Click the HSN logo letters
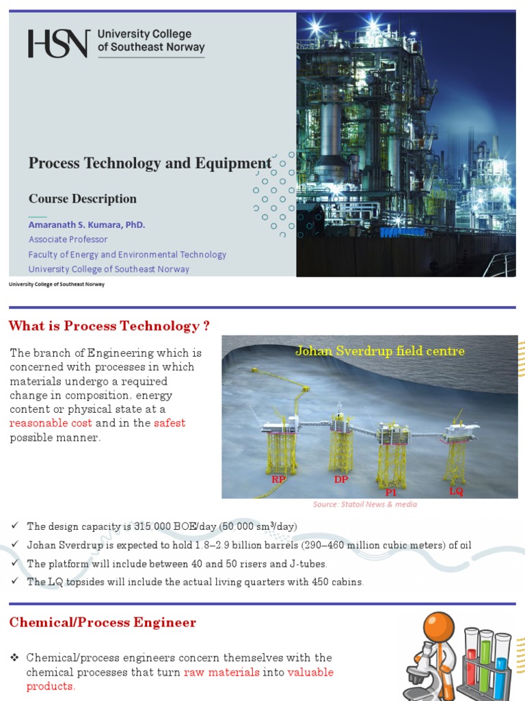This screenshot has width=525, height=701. pyautogui.click(x=58, y=43)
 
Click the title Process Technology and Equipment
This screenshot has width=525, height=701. pyautogui.click(x=150, y=163)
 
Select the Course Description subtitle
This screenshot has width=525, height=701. pyautogui.click(x=82, y=199)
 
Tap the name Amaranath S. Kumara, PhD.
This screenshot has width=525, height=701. pyautogui.click(x=87, y=225)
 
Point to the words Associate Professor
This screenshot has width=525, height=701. pyautogui.click(x=68, y=240)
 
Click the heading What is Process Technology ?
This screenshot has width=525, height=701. pyautogui.click(x=109, y=326)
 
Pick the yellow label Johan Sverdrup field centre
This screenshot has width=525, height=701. pyautogui.click(x=379, y=351)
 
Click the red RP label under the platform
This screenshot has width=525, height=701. pyautogui.click(x=278, y=479)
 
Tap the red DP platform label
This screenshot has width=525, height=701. pyautogui.click(x=341, y=479)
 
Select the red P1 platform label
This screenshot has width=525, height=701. pyautogui.click(x=391, y=492)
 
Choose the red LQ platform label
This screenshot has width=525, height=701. pyautogui.click(x=456, y=491)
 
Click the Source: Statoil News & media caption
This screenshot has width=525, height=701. pyautogui.click(x=365, y=505)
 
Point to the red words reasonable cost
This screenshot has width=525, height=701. pyautogui.click(x=51, y=423)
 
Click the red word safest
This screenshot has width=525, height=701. pyautogui.click(x=170, y=423)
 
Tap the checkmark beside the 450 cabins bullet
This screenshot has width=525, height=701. pyautogui.click(x=14, y=581)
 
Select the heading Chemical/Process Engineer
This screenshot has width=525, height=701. pyautogui.click(x=103, y=622)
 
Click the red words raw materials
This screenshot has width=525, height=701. pyautogui.click(x=226, y=672)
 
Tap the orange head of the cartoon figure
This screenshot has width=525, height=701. pyautogui.click(x=437, y=626)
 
